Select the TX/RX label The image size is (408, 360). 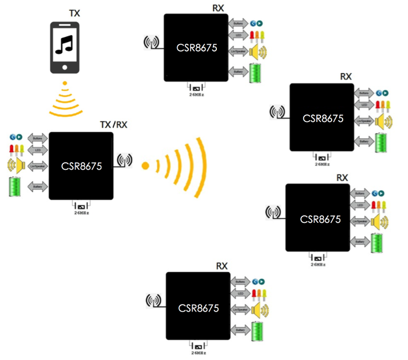(x=114, y=125)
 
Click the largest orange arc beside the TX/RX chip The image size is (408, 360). (x=201, y=166)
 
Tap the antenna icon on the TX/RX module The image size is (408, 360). (x=124, y=160)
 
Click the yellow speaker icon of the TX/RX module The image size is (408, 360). (x=15, y=165)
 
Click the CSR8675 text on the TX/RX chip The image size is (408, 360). (x=82, y=166)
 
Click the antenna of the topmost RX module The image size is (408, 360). (x=151, y=43)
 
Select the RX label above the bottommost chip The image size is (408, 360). (x=221, y=267)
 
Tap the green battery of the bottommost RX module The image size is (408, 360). (x=256, y=331)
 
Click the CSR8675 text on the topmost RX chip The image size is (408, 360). (x=196, y=48)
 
